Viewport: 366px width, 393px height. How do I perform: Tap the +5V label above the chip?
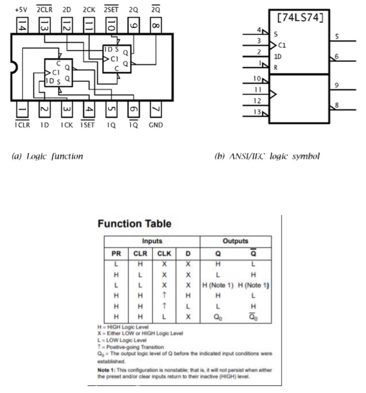pyautogui.click(x=20, y=10)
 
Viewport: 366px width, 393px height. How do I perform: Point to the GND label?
pyautogui.click(x=155, y=125)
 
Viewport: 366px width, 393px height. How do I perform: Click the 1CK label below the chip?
pyautogui.click(x=66, y=125)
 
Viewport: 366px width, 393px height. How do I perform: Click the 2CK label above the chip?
pyautogui.click(x=89, y=10)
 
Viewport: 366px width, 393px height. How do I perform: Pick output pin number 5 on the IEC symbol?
pyautogui.click(x=336, y=37)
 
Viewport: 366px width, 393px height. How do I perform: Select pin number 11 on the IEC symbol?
pyautogui.click(x=259, y=89)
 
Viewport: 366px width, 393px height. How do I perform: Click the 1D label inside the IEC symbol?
pyautogui.click(x=278, y=57)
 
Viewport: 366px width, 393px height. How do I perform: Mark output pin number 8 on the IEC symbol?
pyautogui.click(x=336, y=105)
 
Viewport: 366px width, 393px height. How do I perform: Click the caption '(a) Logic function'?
pyautogui.click(x=47, y=156)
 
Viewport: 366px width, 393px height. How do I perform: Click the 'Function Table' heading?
pyautogui.click(x=134, y=223)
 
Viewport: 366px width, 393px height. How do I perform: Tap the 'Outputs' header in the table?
pyautogui.click(x=235, y=241)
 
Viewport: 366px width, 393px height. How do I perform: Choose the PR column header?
pyautogui.click(x=116, y=253)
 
